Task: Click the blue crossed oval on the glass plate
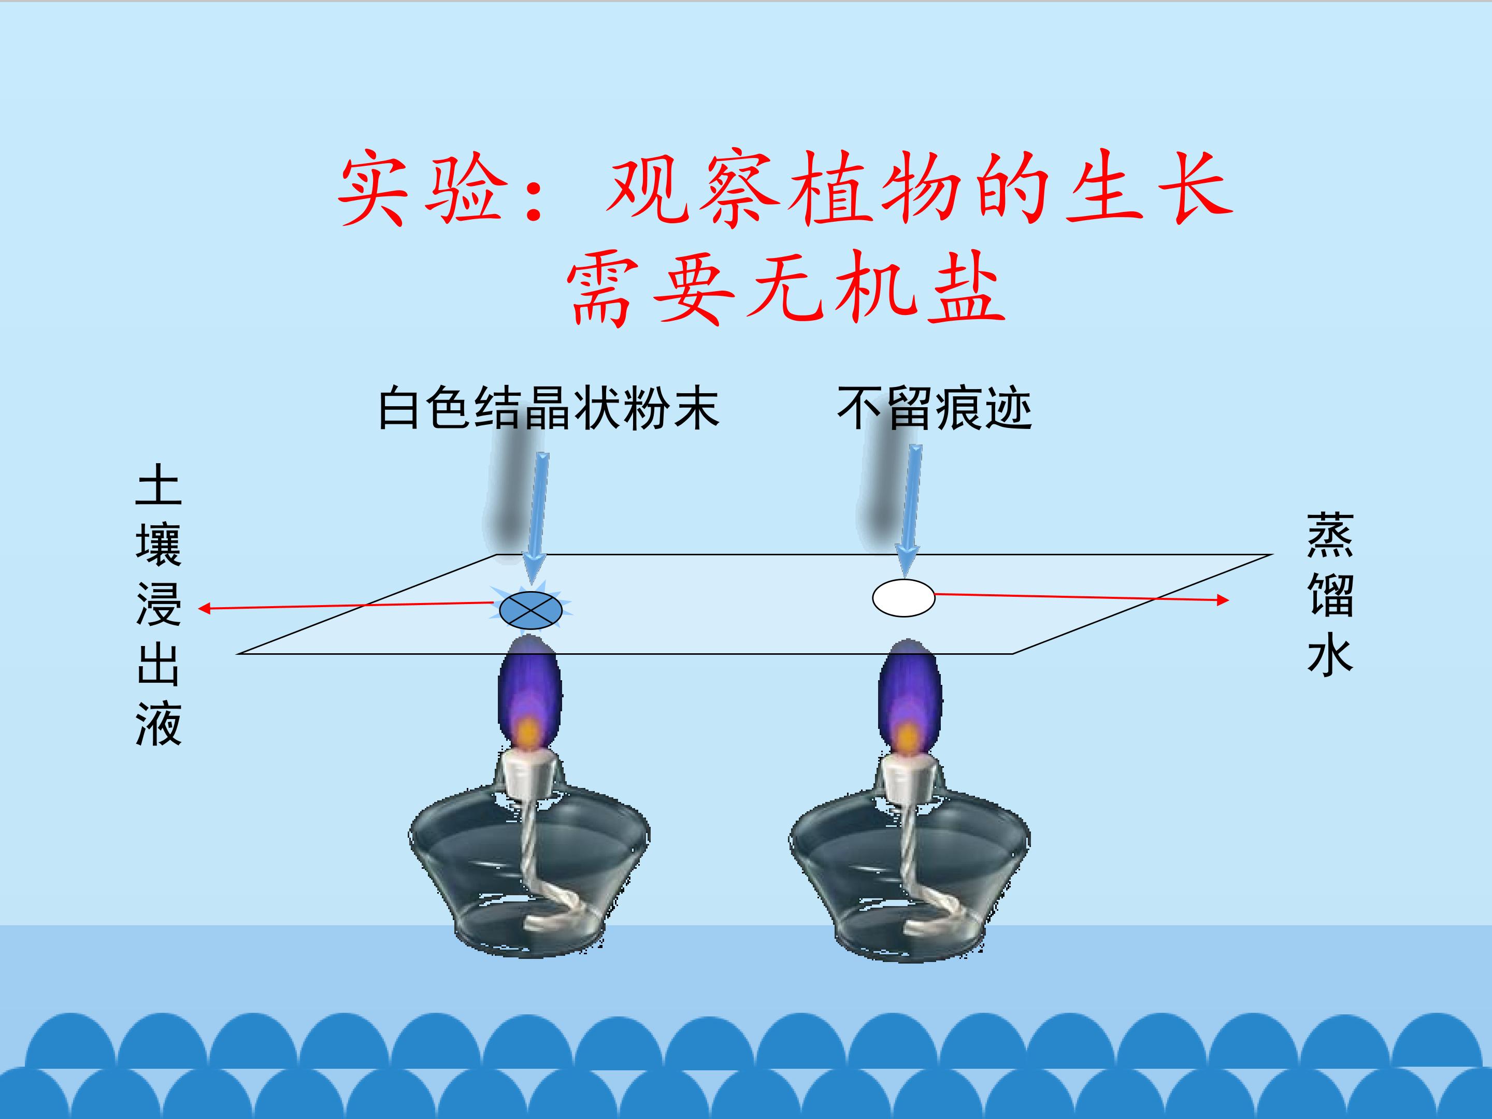tap(531, 610)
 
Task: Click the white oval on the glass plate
tap(904, 598)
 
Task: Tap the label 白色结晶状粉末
tap(549, 408)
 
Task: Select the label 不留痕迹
tap(934, 408)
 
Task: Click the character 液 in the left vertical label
tap(159, 723)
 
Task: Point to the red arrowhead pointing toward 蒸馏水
tap(1222, 599)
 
